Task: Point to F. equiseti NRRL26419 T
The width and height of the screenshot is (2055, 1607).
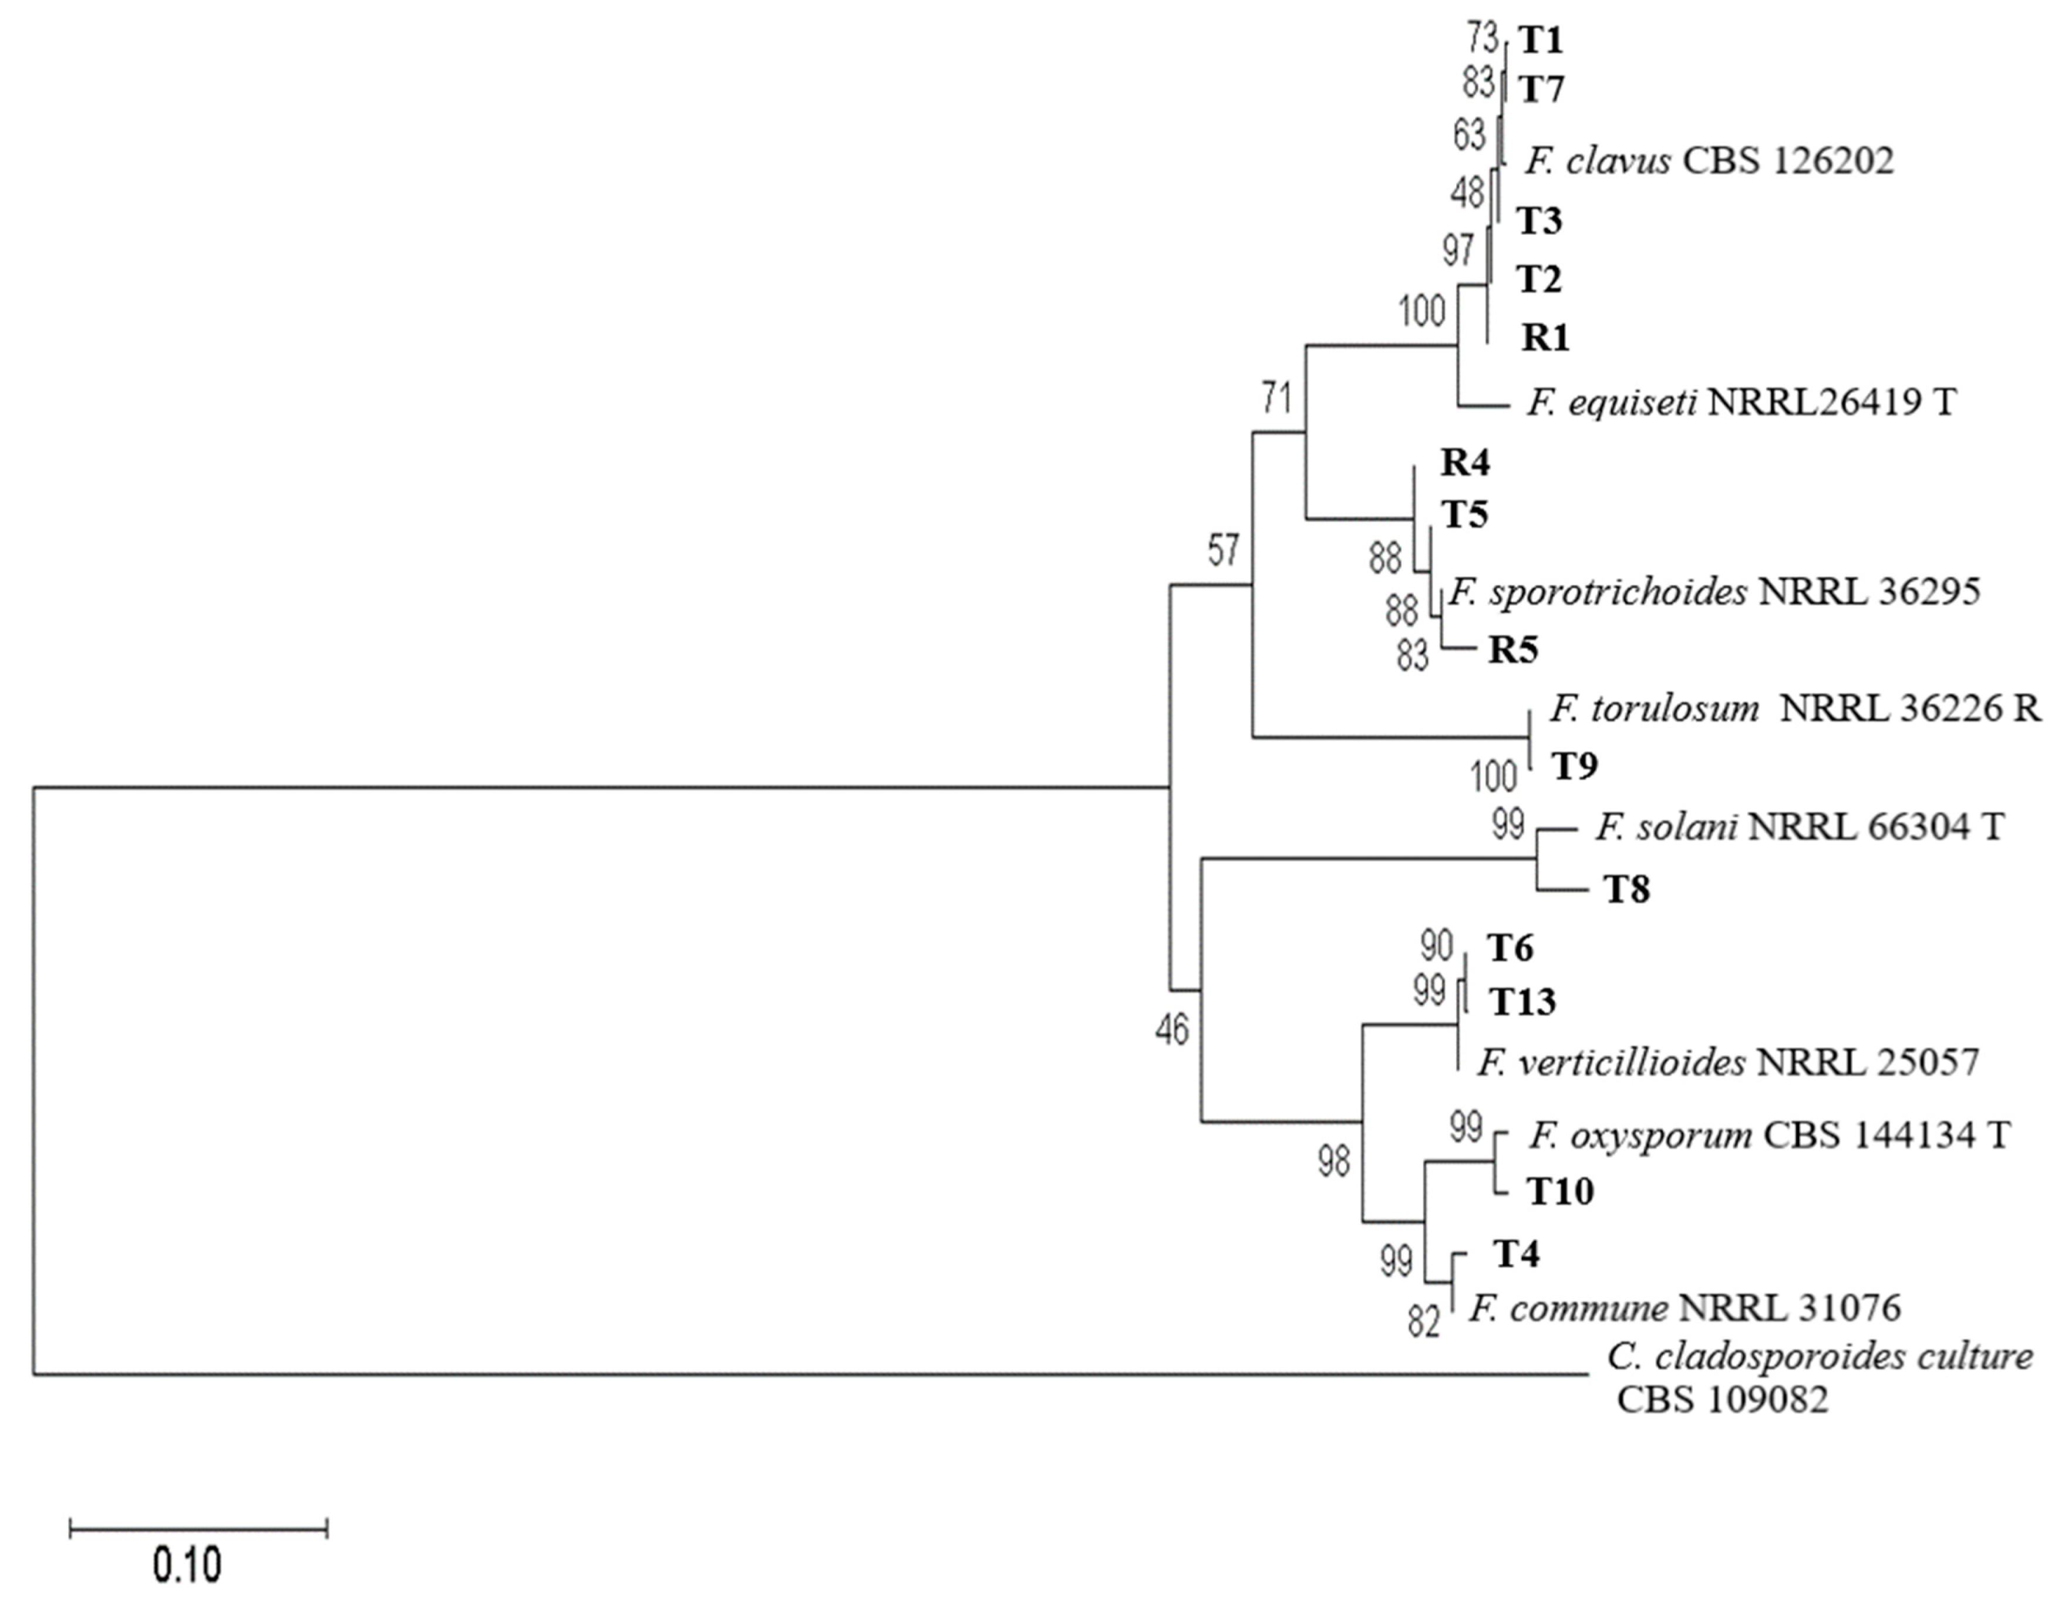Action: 1741,403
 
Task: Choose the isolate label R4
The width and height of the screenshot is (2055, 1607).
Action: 1466,463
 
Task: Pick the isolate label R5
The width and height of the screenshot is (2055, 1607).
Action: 1512,650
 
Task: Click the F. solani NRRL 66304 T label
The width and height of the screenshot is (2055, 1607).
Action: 1799,827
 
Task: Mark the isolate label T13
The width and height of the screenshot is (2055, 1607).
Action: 1521,1003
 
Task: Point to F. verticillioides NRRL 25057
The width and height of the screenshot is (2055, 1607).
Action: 1727,1062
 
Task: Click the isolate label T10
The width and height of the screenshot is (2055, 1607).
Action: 1560,1192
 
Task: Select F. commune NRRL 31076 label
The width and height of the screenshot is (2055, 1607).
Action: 1685,1307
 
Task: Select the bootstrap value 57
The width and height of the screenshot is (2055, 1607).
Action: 1223,550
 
